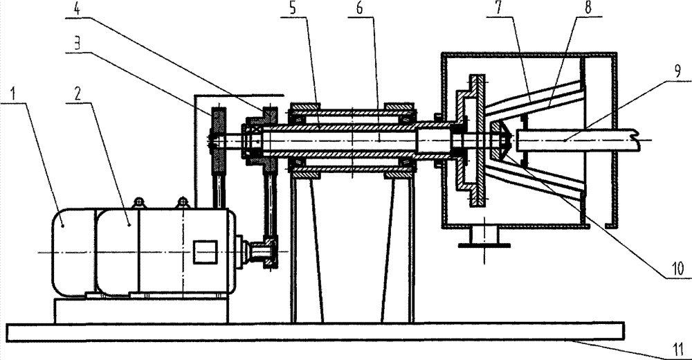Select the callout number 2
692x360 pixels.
[x=78, y=93]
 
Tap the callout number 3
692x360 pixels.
[x=77, y=43]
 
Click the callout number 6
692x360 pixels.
[x=359, y=9]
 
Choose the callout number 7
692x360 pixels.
[x=498, y=8]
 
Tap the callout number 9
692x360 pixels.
[x=677, y=71]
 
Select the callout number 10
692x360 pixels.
[x=677, y=268]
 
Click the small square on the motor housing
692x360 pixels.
[x=206, y=252]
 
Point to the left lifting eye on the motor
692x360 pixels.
[x=138, y=203]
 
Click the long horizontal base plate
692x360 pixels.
[x=315, y=332]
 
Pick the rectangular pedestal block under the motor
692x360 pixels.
[x=141, y=311]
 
